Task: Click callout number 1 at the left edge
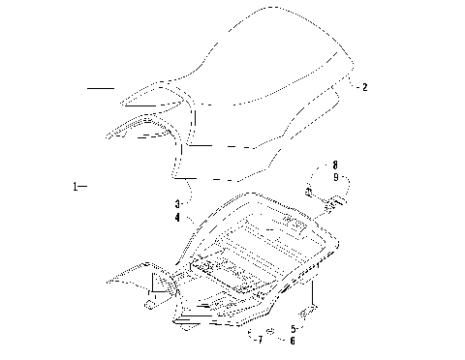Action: click(x=75, y=185)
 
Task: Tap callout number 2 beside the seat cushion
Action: click(x=364, y=87)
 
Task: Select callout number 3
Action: click(x=177, y=205)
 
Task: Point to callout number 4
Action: click(x=177, y=218)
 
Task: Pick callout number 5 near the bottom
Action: click(x=294, y=329)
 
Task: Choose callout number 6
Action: click(x=294, y=341)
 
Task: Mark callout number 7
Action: click(x=260, y=341)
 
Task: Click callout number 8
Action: click(x=334, y=165)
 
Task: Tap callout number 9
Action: click(x=334, y=177)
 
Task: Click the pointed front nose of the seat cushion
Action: click(x=124, y=103)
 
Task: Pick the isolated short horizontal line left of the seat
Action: click(x=100, y=88)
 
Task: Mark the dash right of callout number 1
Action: click(x=84, y=185)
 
